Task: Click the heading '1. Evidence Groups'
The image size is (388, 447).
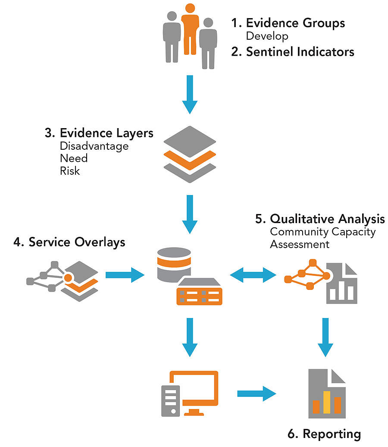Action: [295, 23]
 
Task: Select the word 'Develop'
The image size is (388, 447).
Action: [267, 36]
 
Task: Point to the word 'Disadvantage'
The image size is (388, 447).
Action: [94, 146]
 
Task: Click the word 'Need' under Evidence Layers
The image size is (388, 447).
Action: [74, 158]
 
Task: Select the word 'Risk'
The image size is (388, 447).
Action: [70, 171]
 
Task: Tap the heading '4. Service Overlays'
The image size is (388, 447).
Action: [69, 242]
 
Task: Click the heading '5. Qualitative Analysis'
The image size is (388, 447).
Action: [320, 219]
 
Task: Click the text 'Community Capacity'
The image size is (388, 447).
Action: [323, 232]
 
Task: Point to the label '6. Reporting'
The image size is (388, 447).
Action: [324, 433]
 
